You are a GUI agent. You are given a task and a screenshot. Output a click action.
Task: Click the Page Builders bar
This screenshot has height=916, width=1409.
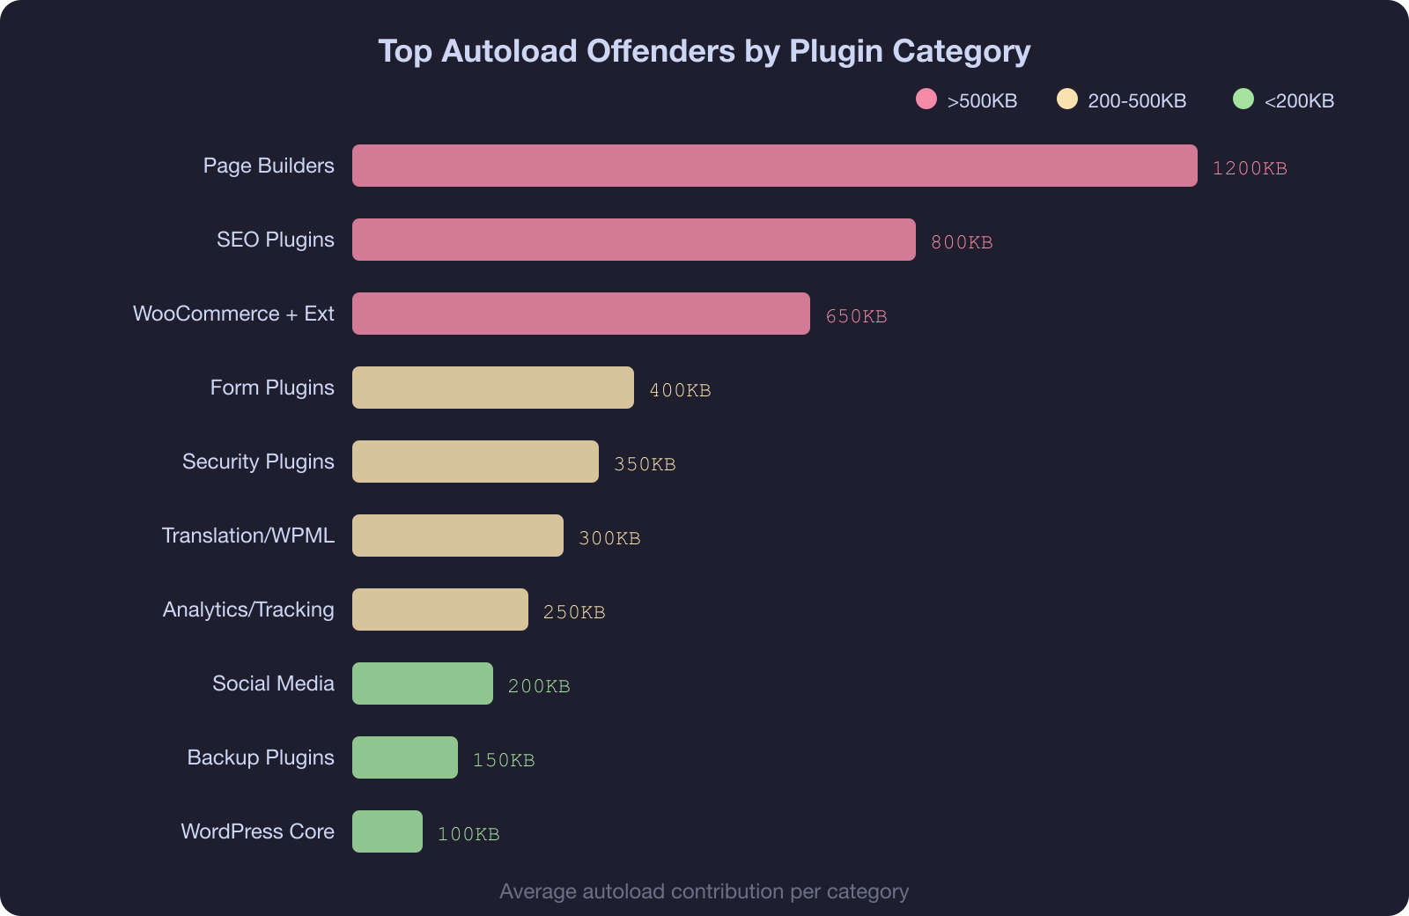coord(775,166)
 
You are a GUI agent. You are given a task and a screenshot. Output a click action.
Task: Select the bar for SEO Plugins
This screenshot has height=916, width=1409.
coord(634,240)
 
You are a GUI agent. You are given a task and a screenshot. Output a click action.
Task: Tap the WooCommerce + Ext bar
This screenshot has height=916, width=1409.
coord(581,314)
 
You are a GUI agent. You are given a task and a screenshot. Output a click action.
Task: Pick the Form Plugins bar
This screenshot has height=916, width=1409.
coord(493,388)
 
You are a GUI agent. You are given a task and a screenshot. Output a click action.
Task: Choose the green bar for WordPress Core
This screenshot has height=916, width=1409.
coord(387,831)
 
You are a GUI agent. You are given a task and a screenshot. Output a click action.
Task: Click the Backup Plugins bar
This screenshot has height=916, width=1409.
coord(405,757)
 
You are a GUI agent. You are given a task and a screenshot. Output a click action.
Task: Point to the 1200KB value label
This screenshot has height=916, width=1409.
coord(1250,168)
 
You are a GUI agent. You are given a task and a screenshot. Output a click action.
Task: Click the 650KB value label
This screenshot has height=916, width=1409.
coord(856,316)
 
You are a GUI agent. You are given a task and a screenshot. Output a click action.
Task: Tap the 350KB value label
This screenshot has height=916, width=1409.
coord(645,464)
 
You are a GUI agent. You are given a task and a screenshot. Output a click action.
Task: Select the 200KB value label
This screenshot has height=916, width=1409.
coord(539,686)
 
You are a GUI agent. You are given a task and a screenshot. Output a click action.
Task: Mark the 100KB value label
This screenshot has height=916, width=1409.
coord(468,834)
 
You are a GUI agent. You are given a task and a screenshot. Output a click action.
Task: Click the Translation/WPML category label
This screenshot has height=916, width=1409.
coord(248,536)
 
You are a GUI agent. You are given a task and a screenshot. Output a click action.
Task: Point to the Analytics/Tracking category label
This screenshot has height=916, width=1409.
coord(248,609)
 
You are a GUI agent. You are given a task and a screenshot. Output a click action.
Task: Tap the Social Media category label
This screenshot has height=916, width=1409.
coord(273,683)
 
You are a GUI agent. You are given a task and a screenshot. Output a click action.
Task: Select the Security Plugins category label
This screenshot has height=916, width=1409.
coord(258,462)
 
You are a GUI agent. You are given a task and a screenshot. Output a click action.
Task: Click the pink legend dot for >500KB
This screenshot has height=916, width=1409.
coord(926,99)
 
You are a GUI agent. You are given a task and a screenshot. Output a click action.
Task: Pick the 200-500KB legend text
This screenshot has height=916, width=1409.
coord(1137,101)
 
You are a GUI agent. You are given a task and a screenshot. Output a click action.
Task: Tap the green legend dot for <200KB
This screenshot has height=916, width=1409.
coord(1243,99)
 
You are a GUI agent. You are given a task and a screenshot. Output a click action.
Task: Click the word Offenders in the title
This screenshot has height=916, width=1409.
coord(660,51)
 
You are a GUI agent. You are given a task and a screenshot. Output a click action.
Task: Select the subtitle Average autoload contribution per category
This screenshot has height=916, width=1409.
coord(704,891)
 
